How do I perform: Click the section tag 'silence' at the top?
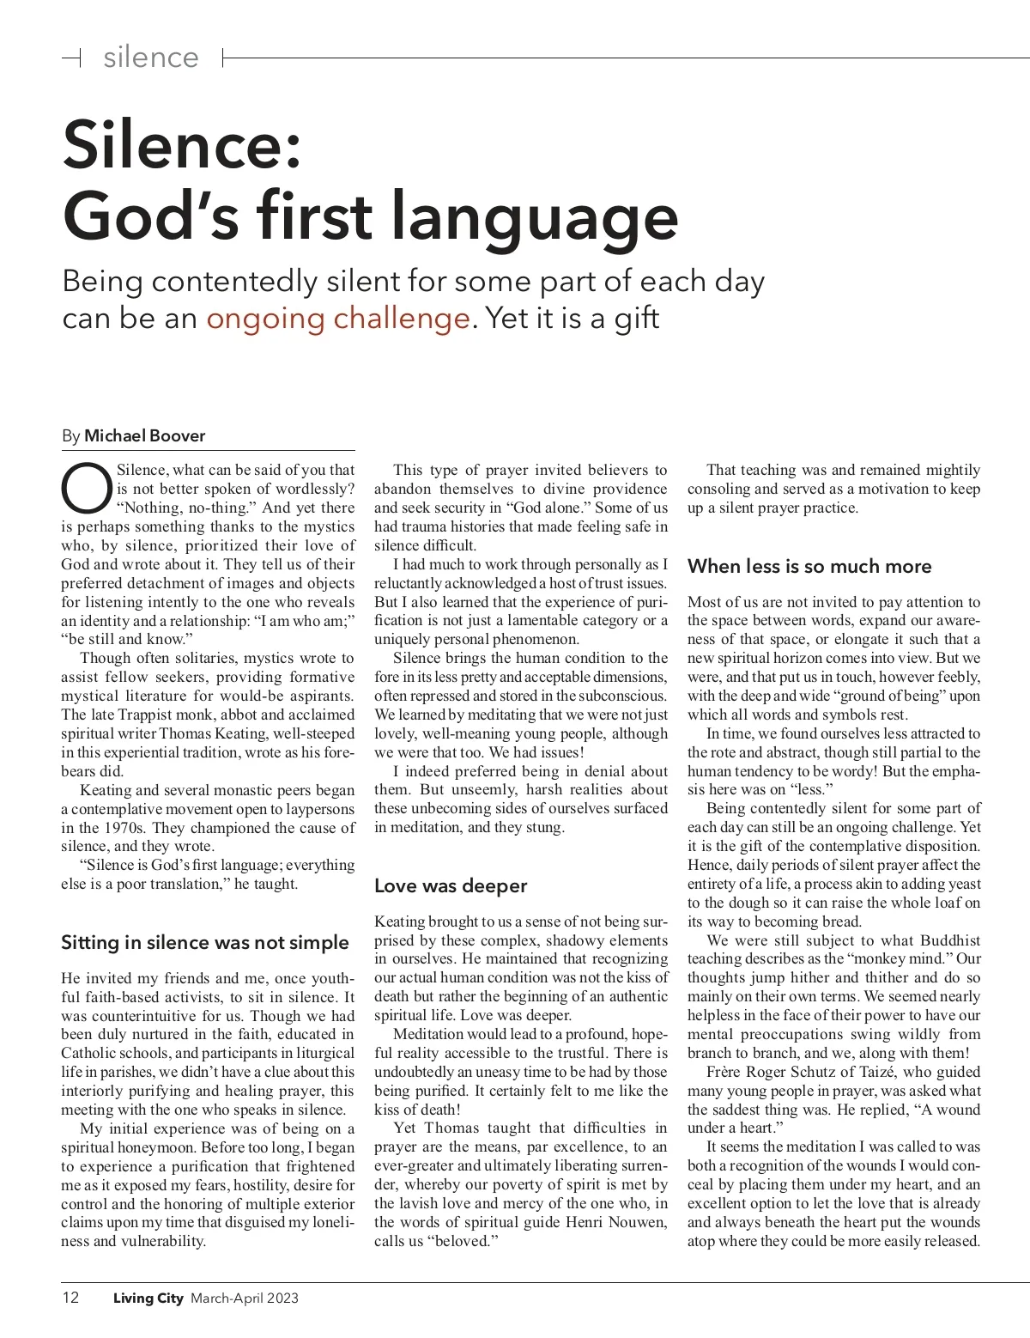151,58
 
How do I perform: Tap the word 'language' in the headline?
536,217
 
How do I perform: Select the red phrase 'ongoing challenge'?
338,319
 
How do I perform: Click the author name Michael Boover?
144,435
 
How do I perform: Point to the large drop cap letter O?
86,487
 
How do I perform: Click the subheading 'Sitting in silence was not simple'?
205,943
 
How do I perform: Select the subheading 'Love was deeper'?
451,886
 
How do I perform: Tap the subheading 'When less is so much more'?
809,567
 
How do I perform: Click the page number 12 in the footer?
70,1298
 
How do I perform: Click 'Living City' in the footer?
148,1298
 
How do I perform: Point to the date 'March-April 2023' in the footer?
245,1298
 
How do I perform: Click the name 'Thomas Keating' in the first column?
209,733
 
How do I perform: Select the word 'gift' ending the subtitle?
637,319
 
